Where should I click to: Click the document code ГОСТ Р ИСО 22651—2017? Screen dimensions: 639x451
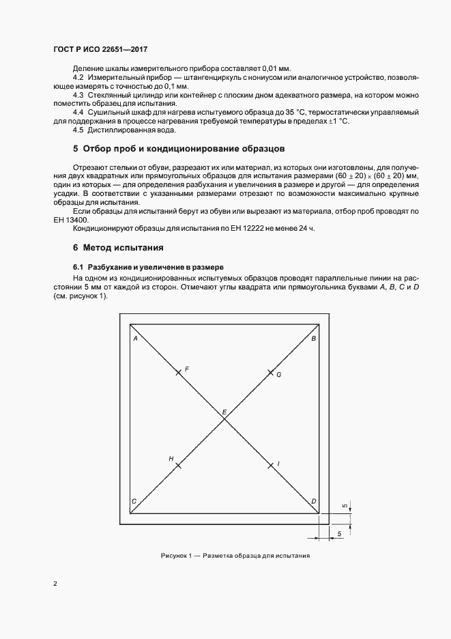(x=100, y=50)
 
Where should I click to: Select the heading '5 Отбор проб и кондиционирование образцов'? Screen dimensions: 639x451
(x=179, y=149)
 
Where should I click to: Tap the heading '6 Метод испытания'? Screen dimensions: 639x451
(x=118, y=246)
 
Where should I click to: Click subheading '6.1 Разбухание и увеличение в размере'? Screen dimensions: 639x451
(x=148, y=266)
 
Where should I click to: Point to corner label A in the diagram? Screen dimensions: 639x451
(x=135, y=339)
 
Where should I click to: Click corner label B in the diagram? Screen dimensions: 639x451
(x=313, y=339)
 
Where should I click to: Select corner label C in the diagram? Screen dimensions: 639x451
(x=134, y=502)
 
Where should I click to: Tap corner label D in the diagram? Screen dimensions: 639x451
(x=314, y=502)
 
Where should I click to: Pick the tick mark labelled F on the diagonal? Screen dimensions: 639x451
(x=177, y=372)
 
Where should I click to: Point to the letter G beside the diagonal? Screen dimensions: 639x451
(x=279, y=375)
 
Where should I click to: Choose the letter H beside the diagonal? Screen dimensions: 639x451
(x=171, y=459)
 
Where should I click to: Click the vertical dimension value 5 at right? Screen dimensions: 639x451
(x=345, y=506)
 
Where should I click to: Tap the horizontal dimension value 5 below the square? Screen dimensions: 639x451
(x=339, y=532)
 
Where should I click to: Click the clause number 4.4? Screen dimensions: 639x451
(x=77, y=111)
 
